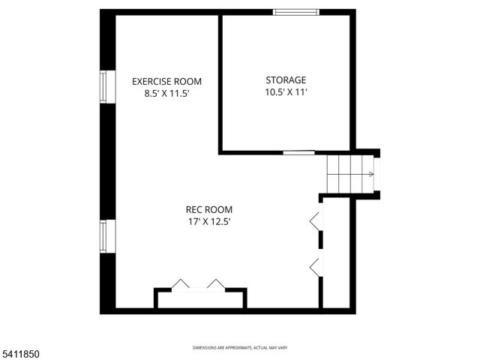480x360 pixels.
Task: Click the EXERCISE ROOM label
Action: point(166,81)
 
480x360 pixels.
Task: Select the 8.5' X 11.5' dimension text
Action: point(166,94)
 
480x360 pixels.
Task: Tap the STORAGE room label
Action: point(286,79)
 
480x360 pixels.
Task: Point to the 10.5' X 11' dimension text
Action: point(286,92)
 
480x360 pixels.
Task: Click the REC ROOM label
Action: point(209,209)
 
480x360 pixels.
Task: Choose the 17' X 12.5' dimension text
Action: point(209,222)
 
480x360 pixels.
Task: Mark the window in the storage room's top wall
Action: point(295,12)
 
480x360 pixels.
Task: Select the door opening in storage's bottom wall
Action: point(298,153)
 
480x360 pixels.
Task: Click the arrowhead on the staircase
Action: point(370,175)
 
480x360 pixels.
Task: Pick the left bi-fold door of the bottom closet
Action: point(181,284)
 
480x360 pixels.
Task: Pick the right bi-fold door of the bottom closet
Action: point(217,284)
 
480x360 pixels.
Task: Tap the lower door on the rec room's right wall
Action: point(316,265)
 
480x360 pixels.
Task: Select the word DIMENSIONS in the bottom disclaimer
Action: point(205,348)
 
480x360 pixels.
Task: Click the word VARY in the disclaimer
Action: point(282,348)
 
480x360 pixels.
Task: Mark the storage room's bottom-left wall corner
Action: point(220,152)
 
